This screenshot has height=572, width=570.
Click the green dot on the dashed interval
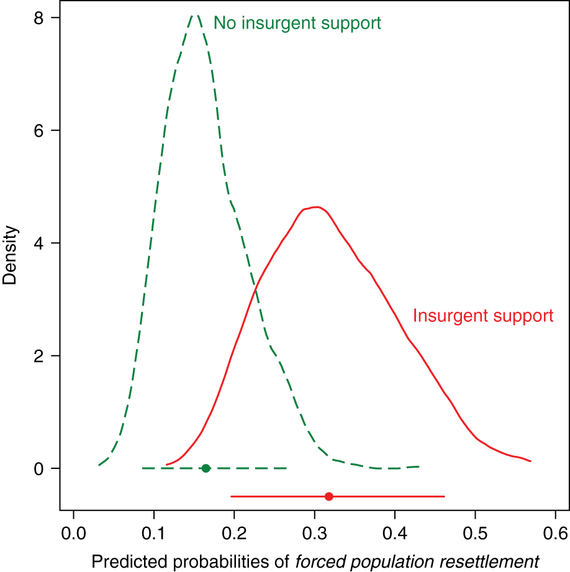point(206,468)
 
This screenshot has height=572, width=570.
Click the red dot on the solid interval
point(329,496)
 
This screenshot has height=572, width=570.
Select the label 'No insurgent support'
point(297,24)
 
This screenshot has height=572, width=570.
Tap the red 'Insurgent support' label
point(483,316)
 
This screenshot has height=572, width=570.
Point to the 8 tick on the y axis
point(38,18)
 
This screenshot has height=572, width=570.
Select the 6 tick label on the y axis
point(38,130)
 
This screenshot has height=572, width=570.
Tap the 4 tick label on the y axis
point(38,243)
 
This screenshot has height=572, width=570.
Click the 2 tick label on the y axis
point(38,355)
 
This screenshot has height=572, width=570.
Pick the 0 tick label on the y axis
point(38,468)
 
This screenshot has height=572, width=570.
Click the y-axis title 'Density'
point(10,256)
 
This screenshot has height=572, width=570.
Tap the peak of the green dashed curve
point(195,16)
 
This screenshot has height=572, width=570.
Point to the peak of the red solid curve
point(315,207)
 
